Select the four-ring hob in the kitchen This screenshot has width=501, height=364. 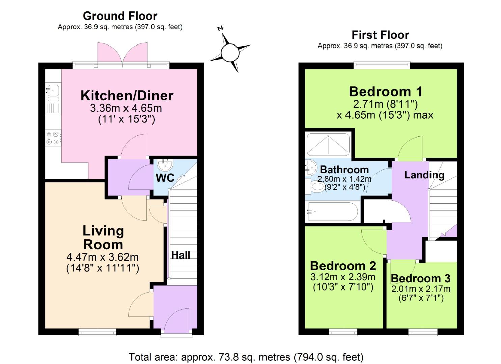coord(53,138)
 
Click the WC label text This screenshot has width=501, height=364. coord(165,178)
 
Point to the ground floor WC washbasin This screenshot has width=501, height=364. coord(165,165)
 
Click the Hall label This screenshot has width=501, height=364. coord(180,255)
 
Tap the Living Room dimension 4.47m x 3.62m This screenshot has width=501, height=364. coord(103,257)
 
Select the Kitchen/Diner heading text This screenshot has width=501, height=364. coord(127,96)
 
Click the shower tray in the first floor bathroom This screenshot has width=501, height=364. coord(328,145)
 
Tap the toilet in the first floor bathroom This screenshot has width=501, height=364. coord(315,186)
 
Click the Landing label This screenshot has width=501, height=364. coord(424,175)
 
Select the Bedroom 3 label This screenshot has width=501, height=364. coord(420,279)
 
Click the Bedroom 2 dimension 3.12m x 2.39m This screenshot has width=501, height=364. coord(343,277)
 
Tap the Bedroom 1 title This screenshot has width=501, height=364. coord(385,92)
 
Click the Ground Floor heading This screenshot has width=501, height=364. coord(120,16)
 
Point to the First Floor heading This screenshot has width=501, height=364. coord(380,35)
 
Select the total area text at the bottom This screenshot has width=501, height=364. coord(246,357)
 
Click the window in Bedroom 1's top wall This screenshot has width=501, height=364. coord(382,65)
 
